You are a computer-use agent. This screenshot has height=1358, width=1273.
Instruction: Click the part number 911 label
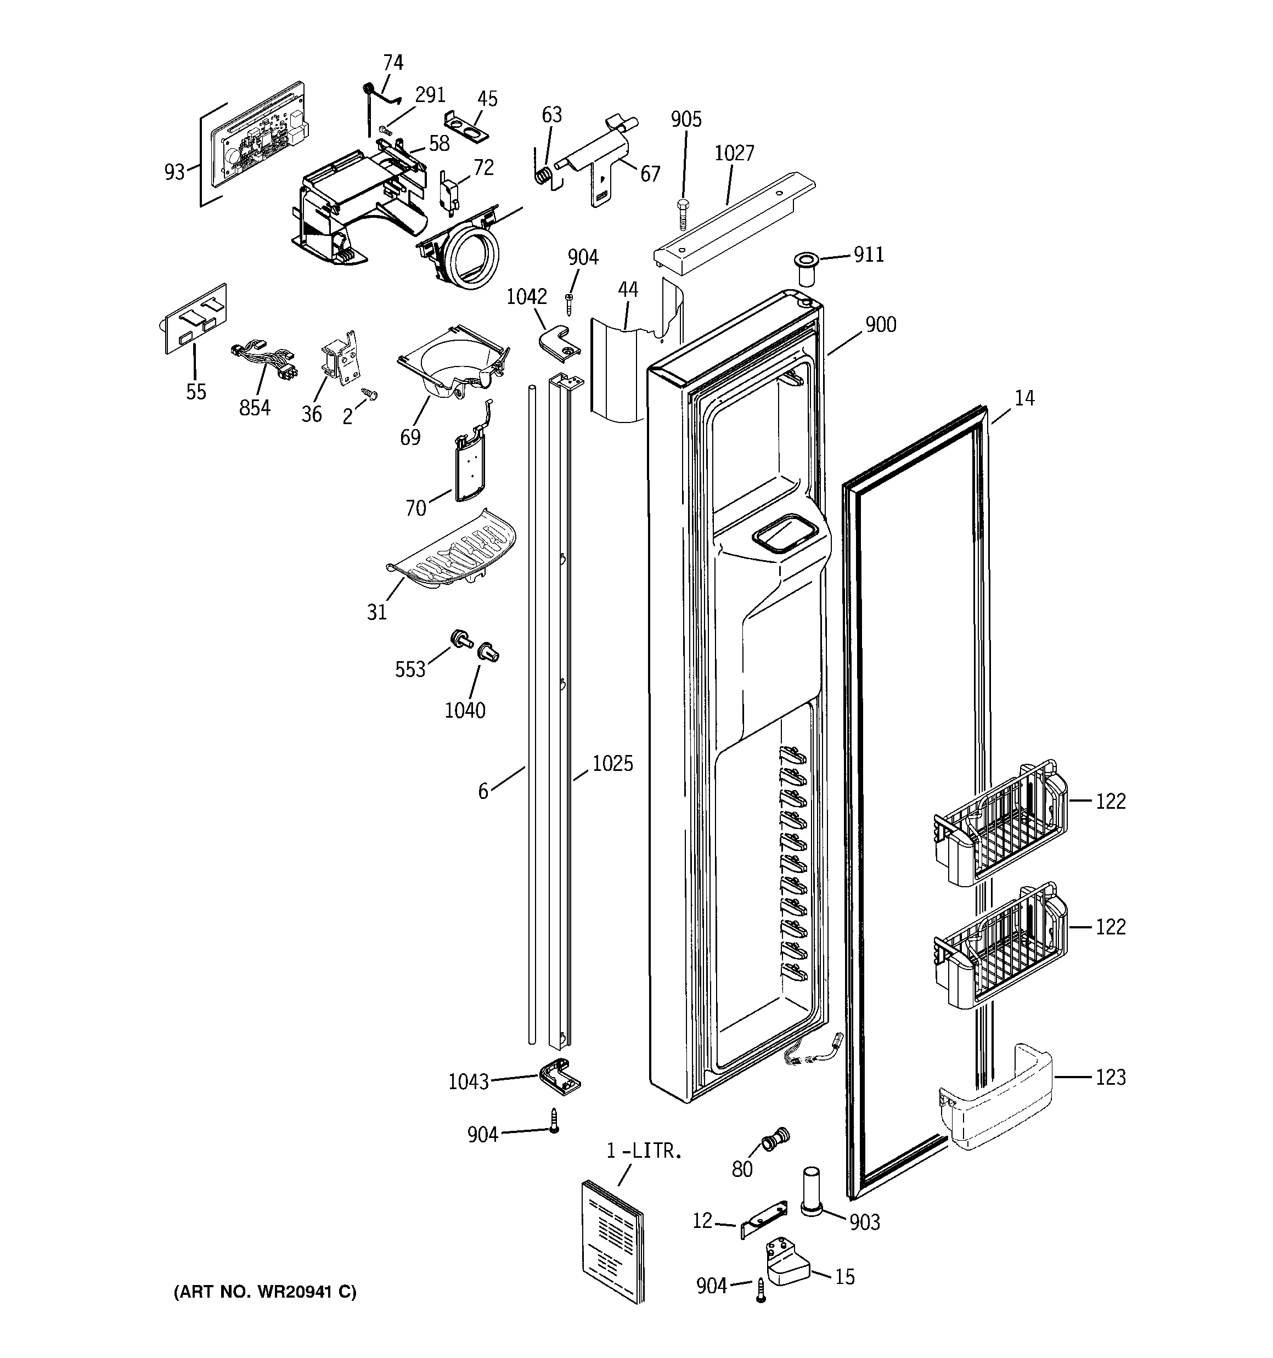pyautogui.click(x=869, y=255)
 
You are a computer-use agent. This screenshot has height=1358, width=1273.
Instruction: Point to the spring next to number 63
pyautogui.click(x=543, y=175)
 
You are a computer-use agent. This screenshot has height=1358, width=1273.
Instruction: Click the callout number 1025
pyautogui.click(x=612, y=764)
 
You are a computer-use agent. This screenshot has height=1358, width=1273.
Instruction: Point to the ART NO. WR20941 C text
pyautogui.click(x=266, y=1292)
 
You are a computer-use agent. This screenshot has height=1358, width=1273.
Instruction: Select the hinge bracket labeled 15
pyautogui.click(x=786, y=1269)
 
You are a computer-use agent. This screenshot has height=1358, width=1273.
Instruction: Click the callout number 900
pyautogui.click(x=881, y=324)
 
